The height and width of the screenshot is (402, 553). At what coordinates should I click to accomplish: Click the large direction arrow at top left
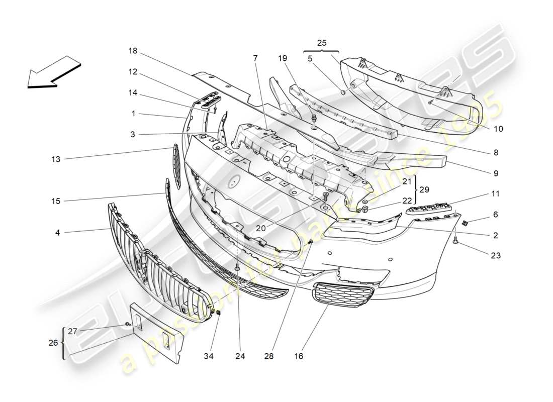[x=53, y=71]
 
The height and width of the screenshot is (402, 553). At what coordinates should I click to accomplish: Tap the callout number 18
[x=133, y=51]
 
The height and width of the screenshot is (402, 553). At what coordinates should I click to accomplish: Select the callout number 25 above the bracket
[x=322, y=43]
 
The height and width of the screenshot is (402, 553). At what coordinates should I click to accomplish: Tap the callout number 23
[x=495, y=255]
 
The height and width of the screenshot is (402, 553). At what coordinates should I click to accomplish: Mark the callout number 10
[x=498, y=129]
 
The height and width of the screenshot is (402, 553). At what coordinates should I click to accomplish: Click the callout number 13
[x=55, y=159]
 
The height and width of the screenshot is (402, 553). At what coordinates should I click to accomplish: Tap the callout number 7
[x=255, y=58]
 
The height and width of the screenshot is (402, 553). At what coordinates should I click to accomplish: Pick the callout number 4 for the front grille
[x=57, y=232]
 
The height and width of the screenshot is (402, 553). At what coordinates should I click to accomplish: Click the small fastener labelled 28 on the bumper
[x=311, y=243]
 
